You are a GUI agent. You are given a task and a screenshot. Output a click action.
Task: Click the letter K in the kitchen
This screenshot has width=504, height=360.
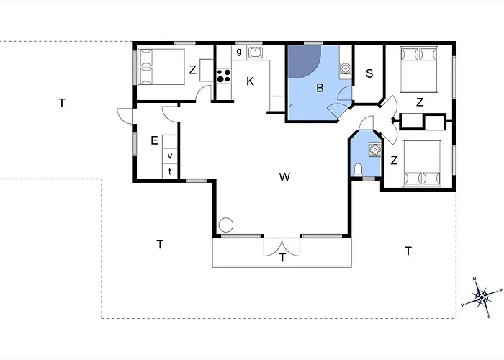250,81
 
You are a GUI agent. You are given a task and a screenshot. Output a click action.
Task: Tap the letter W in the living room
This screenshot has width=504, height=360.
284,177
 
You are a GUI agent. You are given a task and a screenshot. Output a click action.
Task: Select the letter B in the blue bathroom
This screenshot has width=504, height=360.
320,88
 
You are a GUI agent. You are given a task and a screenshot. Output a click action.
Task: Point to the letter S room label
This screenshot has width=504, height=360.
369,73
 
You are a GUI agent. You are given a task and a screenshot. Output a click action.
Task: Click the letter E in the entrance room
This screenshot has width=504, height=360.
154,141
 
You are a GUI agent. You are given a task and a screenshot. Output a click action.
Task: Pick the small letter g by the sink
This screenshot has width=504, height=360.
239,51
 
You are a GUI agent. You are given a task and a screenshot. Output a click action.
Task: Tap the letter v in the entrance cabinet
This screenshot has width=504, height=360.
170,156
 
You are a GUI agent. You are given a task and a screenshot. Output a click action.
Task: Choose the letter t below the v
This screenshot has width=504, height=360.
170,171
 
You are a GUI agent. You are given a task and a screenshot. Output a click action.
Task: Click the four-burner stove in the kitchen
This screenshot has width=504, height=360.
224,76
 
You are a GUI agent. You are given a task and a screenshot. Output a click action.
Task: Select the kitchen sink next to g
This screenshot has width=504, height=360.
256,53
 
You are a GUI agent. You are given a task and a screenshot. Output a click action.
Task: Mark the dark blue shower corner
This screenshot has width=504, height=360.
302,60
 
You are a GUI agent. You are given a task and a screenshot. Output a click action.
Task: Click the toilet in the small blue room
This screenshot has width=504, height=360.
358,170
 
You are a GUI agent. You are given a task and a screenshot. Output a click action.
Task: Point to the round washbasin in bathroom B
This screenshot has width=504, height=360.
346,68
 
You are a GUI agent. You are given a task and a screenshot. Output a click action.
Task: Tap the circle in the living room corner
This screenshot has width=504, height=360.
226,225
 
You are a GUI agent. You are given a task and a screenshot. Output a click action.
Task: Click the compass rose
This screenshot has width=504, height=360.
481,297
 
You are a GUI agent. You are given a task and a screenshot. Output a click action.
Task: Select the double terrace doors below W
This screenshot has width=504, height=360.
282,246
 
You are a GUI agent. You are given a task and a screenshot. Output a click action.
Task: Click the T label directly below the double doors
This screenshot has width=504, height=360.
282,258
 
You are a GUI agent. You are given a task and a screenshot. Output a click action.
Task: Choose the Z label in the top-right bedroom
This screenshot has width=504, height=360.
420,102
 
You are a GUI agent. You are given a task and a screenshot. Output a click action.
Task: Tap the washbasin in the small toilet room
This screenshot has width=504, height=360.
375,149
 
